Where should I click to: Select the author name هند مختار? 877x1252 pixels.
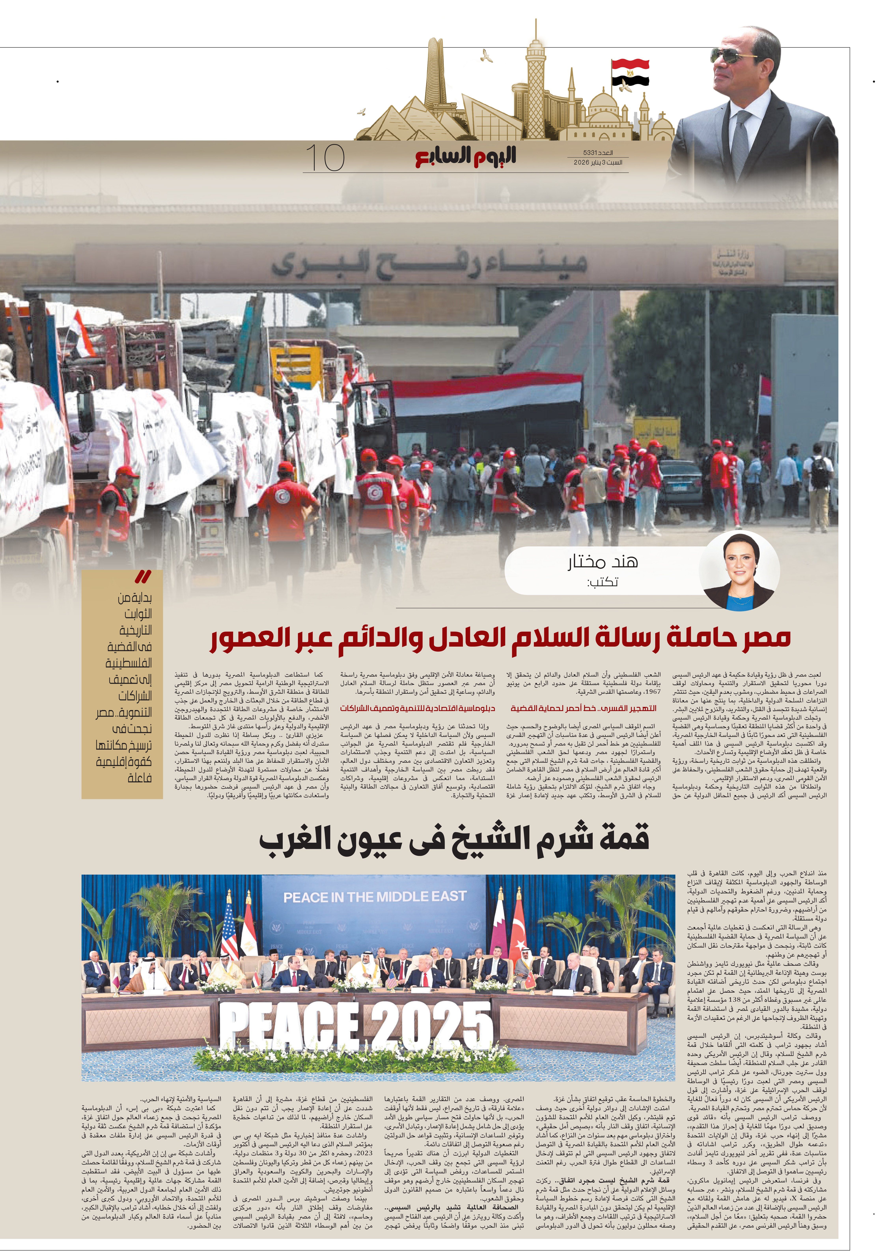pos(602,562)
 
